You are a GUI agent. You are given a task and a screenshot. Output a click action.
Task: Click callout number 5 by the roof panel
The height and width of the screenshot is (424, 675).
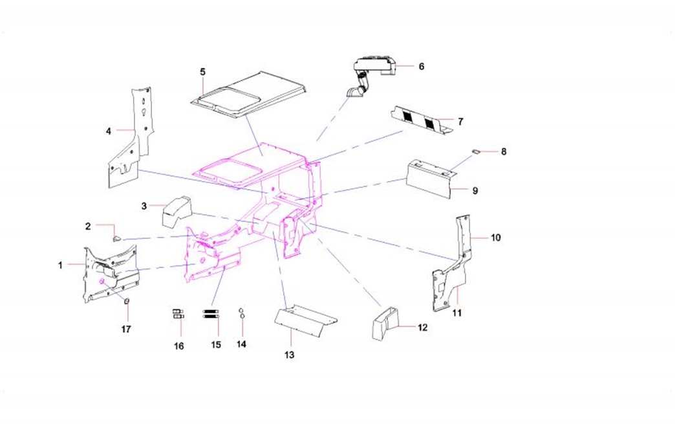tap(202, 71)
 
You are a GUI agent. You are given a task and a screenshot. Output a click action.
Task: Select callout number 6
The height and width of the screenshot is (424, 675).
tap(421, 66)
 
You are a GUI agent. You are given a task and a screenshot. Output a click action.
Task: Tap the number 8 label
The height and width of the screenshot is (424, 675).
tap(504, 151)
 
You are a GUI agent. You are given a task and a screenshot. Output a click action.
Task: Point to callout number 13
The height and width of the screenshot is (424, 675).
tap(290, 355)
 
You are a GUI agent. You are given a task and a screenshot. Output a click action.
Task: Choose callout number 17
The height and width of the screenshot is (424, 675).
tap(126, 329)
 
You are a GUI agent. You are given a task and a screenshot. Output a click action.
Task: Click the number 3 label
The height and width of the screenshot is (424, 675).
tap(144, 206)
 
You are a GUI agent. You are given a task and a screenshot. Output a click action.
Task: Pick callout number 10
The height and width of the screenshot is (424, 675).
tap(495, 238)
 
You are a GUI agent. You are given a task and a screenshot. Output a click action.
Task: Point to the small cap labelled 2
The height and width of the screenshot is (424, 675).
tap(117, 238)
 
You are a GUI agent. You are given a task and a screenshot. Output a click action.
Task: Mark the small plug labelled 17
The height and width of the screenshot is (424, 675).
tap(127, 301)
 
